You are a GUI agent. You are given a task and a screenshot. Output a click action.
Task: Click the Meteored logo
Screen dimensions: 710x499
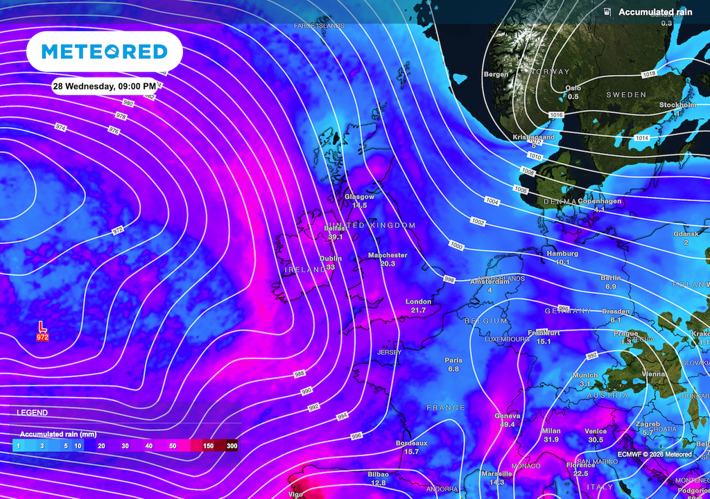pos(104,51)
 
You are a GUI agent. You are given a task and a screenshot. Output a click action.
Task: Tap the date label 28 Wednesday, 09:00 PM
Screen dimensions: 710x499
pos(105,86)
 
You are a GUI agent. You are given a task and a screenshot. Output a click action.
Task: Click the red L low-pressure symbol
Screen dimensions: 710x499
pos(42,326)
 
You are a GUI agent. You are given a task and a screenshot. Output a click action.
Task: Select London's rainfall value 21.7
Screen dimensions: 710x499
pos(418,310)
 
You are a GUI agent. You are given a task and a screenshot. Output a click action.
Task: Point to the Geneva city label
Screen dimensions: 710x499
pos(508,415)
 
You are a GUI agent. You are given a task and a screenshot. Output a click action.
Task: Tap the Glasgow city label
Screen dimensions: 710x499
pos(359,197)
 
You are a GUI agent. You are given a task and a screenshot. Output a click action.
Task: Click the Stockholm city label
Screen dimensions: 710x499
pos(677,105)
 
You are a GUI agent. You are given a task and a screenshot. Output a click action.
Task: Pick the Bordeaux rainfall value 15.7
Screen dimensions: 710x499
pos(411,452)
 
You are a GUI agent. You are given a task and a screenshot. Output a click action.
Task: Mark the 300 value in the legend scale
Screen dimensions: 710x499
pos(232,447)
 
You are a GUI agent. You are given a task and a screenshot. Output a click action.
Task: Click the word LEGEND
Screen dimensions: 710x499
pos(33,412)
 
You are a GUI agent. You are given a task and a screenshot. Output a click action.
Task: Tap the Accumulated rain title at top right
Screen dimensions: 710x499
pos(655,12)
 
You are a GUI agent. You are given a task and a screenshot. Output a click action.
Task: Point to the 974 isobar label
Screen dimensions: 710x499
pos(60,127)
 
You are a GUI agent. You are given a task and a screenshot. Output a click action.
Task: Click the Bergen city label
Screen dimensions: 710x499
pos(496,74)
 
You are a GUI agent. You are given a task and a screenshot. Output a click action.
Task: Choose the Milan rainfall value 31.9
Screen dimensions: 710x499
pos(551,439)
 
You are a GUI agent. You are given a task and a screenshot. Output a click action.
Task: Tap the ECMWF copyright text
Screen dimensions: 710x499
pos(657,455)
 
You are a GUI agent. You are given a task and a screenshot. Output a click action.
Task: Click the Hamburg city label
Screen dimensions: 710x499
pos(562,254)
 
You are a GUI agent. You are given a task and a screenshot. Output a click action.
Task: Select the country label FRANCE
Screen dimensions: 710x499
pos(445,408)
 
